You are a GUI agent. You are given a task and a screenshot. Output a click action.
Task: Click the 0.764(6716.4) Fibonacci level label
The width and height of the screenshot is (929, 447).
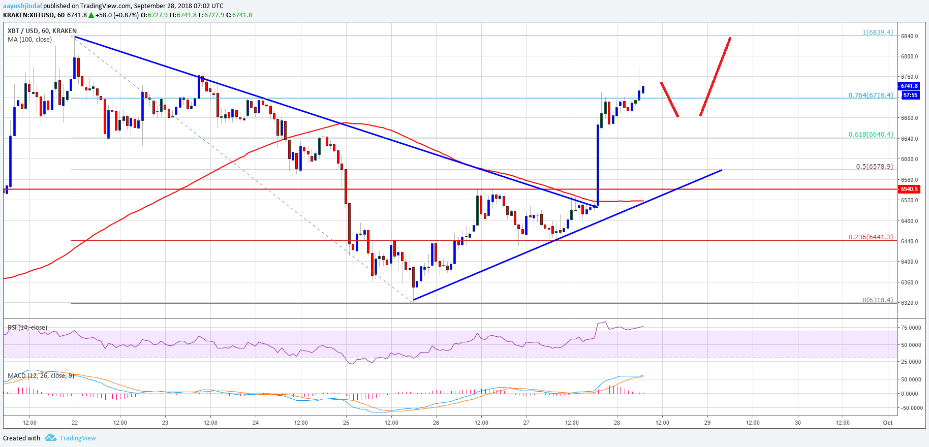tap(871, 95)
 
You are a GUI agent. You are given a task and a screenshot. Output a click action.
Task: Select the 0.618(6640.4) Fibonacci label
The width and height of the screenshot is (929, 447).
tap(871, 135)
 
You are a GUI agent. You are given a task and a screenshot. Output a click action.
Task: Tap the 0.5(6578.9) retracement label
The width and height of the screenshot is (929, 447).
tap(874, 167)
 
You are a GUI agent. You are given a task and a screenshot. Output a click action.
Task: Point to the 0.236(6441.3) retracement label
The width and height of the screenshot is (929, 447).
tap(871, 237)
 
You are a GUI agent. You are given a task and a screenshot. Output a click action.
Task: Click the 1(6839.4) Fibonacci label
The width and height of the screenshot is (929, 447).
tap(877, 33)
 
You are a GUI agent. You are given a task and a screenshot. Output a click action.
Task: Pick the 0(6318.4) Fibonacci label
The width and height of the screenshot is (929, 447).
tap(877, 300)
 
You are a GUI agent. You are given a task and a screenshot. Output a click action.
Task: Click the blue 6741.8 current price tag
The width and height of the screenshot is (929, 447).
tap(909, 86)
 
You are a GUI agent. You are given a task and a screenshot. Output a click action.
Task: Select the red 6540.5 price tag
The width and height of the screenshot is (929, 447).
tap(909, 189)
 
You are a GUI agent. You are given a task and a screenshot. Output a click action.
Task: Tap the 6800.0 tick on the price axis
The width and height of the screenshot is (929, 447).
tap(909, 56)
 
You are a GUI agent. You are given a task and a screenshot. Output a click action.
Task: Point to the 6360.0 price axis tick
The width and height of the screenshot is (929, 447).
tap(909, 282)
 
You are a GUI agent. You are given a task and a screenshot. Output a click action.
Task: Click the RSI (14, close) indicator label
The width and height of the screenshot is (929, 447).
tap(27, 328)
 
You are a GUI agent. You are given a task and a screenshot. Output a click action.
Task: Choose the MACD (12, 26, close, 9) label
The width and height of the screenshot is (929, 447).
tap(41, 376)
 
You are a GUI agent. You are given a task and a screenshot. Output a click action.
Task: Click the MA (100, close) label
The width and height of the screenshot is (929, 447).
tap(29, 40)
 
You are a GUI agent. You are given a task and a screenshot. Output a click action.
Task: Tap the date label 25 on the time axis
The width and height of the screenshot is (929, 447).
tap(346, 423)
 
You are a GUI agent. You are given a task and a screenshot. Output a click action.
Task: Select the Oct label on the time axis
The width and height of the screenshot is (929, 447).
tap(888, 423)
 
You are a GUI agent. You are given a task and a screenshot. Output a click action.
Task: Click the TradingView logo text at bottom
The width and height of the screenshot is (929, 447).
tap(77, 438)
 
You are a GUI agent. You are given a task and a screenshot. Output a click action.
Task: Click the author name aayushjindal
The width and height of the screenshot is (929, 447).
tap(22, 6)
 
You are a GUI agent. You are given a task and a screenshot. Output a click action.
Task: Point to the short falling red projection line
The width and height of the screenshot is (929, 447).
tap(669, 99)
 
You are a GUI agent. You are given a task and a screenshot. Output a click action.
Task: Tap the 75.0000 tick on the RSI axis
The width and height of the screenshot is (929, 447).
tap(911, 328)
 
